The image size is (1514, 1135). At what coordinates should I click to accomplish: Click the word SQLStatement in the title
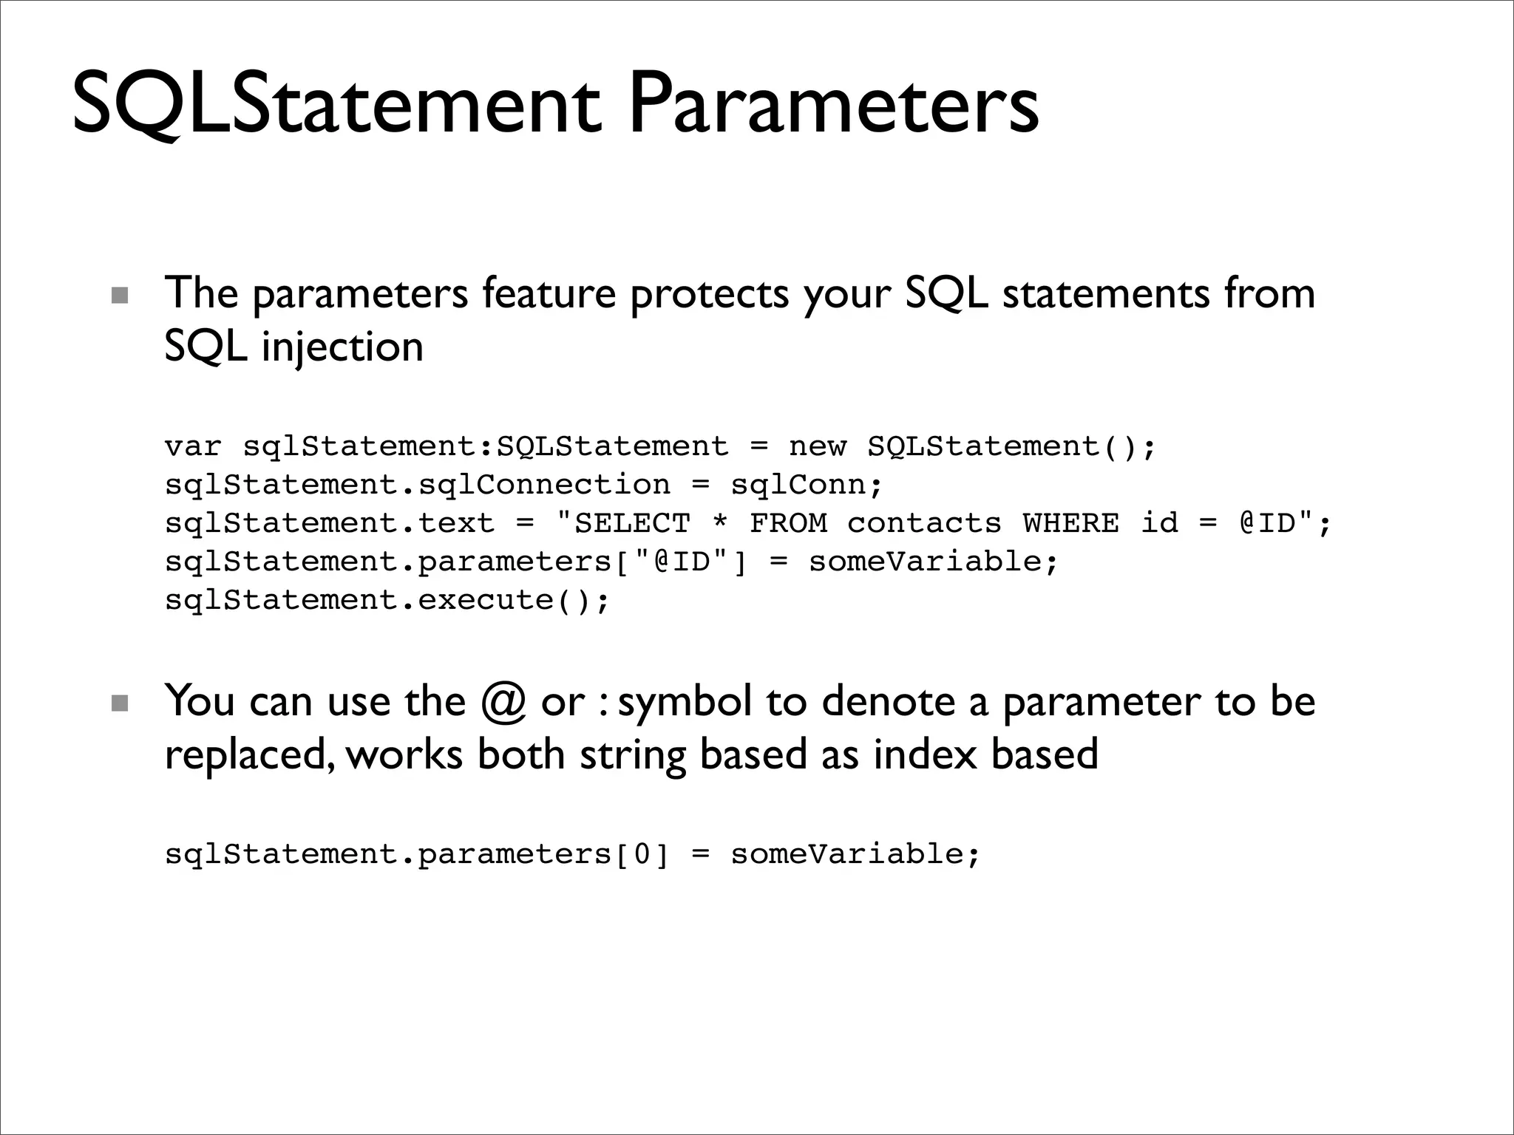(x=336, y=105)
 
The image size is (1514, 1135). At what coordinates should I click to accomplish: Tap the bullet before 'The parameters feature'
(x=119, y=296)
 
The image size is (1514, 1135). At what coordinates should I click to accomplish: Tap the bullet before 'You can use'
(x=119, y=703)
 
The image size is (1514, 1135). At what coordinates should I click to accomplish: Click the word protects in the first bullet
(x=709, y=294)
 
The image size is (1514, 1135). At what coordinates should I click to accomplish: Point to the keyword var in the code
(x=193, y=447)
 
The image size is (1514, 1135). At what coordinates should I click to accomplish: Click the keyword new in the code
(x=817, y=447)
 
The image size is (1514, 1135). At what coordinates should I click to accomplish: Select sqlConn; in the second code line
(x=807, y=485)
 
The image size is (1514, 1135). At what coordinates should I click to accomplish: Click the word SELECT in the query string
(x=632, y=524)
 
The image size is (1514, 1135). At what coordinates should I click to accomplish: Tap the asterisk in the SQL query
(x=720, y=522)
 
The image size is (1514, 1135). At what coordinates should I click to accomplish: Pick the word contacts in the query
(x=924, y=524)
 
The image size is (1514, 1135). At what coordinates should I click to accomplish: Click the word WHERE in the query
(x=1070, y=524)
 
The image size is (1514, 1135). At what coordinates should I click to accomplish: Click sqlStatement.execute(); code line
(x=387, y=600)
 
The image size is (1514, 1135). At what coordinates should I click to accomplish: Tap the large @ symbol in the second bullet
(x=503, y=702)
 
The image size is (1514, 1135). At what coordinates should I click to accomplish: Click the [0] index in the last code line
(x=641, y=855)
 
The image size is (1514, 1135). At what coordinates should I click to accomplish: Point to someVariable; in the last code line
(x=855, y=855)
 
